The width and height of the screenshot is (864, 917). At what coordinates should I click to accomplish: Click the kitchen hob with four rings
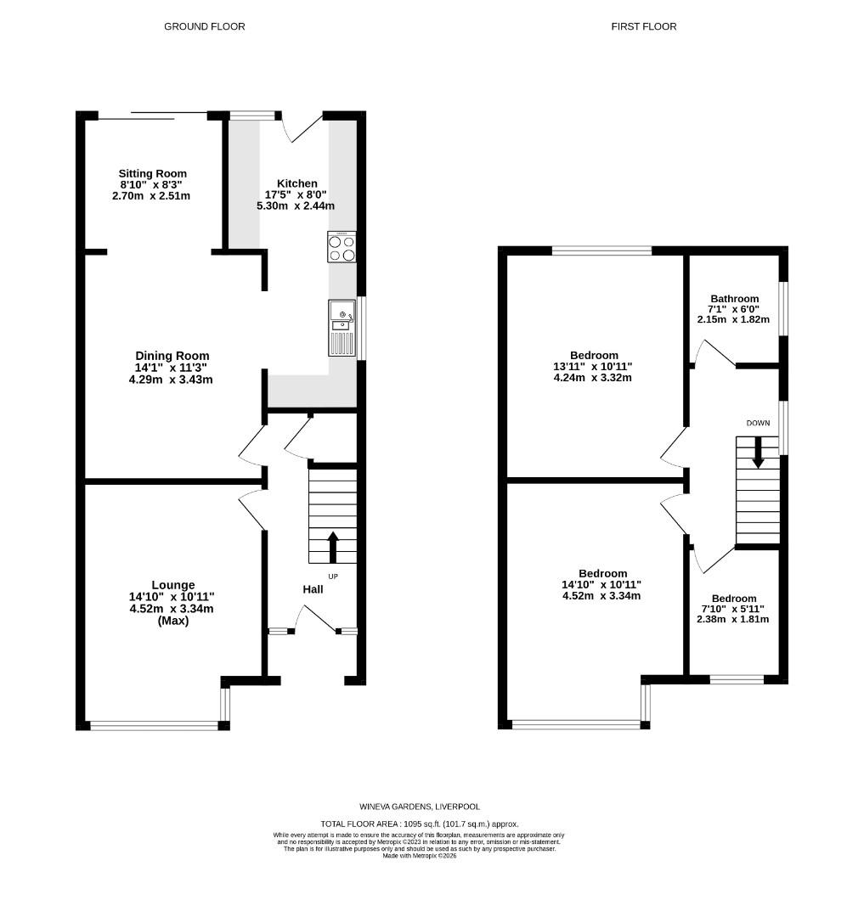point(342,247)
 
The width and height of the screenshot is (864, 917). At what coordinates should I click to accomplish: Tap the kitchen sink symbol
point(342,328)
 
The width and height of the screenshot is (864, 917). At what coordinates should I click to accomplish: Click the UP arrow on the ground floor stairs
point(332,546)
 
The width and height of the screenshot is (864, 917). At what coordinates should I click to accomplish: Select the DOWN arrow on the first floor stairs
point(758,452)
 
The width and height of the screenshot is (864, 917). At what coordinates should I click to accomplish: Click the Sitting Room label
point(153,173)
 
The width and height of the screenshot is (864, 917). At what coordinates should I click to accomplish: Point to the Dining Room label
point(172,356)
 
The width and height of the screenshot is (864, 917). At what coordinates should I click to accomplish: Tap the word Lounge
point(173,585)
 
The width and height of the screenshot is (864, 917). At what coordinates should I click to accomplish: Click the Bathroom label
point(734,299)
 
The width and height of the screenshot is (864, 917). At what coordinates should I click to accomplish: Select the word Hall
point(313,589)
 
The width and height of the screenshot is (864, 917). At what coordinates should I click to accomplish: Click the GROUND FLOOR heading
point(204,26)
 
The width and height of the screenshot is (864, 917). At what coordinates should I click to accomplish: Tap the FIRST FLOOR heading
point(644,26)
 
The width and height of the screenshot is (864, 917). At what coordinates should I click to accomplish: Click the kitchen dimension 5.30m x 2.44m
point(297,205)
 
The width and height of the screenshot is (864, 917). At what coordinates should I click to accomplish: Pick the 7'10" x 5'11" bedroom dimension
point(734,609)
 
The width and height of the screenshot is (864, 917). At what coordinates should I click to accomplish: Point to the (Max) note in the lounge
point(173,621)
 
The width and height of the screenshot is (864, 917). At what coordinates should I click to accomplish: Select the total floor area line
point(419,824)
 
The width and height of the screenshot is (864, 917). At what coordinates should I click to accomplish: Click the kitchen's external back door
point(302,127)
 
